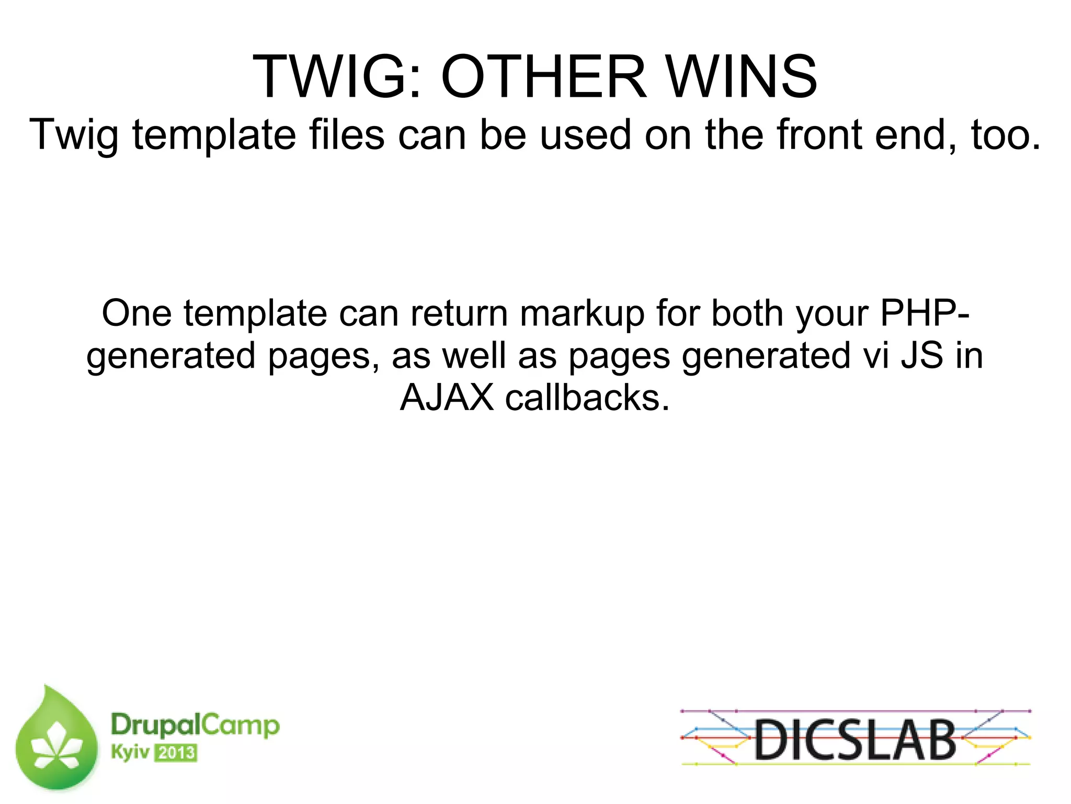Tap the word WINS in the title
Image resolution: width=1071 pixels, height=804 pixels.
[x=743, y=77]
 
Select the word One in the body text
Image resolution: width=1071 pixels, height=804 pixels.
[x=136, y=314]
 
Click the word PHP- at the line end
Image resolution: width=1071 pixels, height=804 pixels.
[x=925, y=314]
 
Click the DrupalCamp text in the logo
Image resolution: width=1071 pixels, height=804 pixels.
[x=195, y=726]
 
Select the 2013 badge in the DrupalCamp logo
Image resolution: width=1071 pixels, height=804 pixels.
[x=176, y=753]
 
